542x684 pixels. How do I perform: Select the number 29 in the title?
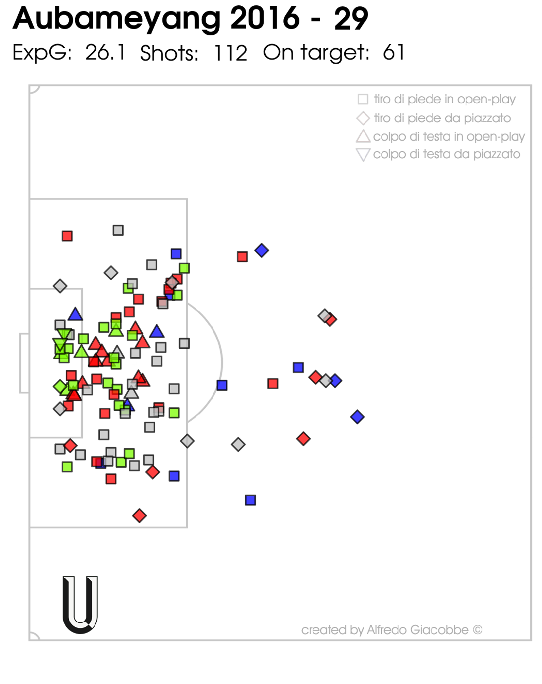351,19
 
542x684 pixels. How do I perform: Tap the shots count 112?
230,53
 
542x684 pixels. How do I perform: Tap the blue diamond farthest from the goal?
357,417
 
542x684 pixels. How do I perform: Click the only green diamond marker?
60,386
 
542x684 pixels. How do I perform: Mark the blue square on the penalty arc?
222,385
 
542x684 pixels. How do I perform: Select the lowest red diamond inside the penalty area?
139,515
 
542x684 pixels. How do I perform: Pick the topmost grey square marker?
118,230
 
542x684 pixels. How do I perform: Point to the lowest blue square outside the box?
250,500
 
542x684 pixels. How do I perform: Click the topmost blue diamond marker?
261,250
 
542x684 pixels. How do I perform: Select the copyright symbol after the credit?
478,630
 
